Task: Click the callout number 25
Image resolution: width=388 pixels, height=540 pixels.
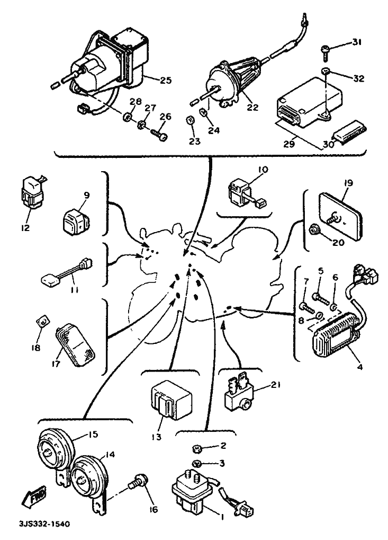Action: click(165, 80)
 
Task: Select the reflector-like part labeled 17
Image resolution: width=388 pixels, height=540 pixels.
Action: click(75, 345)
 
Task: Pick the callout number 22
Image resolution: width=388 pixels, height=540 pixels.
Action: click(252, 108)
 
